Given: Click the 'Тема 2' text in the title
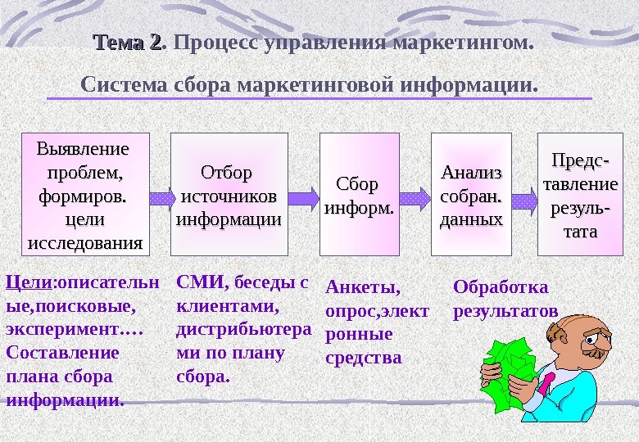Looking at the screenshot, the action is pyautogui.click(x=129, y=42).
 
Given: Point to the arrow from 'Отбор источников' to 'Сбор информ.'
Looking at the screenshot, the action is pyautogui.click(x=304, y=197).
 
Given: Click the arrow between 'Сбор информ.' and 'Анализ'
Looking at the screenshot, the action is pyautogui.click(x=415, y=197).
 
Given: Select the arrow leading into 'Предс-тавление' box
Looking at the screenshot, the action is pyautogui.click(x=524, y=197).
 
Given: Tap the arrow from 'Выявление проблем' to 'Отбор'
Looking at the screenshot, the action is pyautogui.click(x=161, y=197).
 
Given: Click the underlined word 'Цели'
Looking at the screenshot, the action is pyautogui.click(x=28, y=283).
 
